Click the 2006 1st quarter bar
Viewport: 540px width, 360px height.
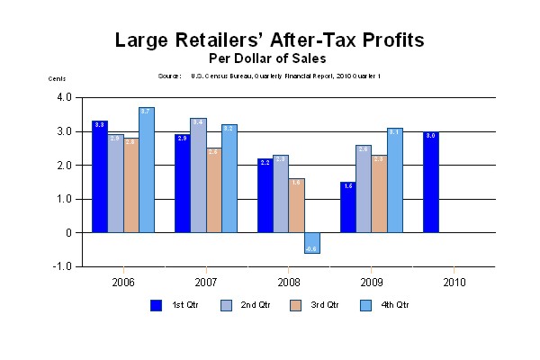click(x=100, y=176)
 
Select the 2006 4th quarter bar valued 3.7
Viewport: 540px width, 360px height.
click(x=147, y=170)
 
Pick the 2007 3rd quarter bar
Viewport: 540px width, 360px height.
click(x=214, y=190)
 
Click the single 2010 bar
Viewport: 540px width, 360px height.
click(x=431, y=182)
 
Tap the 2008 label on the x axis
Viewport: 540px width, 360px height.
click(x=288, y=282)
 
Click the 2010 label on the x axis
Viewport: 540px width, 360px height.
click(x=454, y=282)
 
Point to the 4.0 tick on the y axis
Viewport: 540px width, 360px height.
click(x=64, y=97)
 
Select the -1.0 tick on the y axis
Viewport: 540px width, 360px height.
click(x=63, y=266)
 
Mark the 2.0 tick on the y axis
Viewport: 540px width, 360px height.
click(x=64, y=165)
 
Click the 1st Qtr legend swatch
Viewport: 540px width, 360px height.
click(x=156, y=305)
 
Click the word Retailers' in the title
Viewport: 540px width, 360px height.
click(x=237, y=40)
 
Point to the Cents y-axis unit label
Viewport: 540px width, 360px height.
click(x=57, y=78)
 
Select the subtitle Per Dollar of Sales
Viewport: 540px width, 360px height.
click(x=269, y=58)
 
